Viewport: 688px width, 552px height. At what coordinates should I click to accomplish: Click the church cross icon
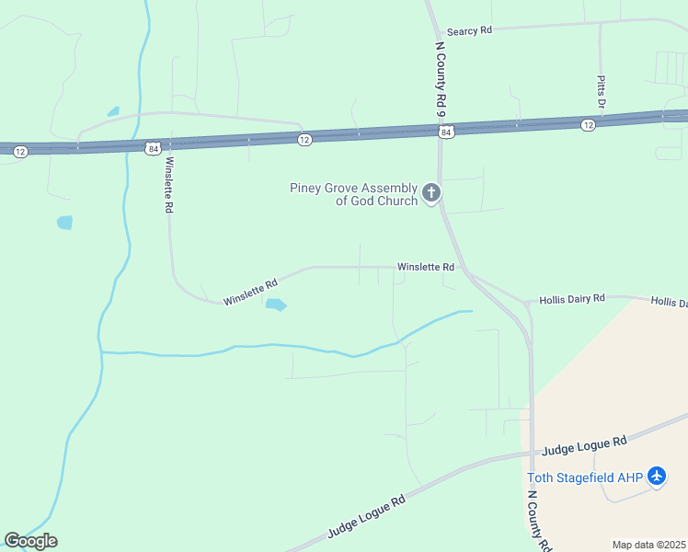pyautogui.click(x=430, y=193)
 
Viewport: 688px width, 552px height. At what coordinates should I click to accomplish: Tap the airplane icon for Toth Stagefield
pyautogui.click(x=656, y=477)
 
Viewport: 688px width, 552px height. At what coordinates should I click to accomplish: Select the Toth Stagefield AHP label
pyautogui.click(x=584, y=477)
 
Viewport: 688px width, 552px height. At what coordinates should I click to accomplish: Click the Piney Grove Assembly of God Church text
pyautogui.click(x=353, y=194)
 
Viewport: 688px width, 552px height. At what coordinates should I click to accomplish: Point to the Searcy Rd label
pyautogui.click(x=469, y=30)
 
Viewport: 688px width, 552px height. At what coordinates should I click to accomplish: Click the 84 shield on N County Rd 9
pyautogui.click(x=446, y=132)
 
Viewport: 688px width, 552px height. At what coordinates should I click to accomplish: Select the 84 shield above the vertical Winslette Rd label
pyautogui.click(x=153, y=147)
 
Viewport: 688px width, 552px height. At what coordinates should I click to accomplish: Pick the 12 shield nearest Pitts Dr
pyautogui.click(x=588, y=124)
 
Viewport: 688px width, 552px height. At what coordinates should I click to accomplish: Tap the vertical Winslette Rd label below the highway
pyautogui.click(x=167, y=186)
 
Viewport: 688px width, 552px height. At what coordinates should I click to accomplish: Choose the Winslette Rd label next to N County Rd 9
pyautogui.click(x=426, y=267)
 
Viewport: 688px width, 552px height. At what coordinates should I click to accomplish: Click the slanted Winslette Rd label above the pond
pyautogui.click(x=250, y=293)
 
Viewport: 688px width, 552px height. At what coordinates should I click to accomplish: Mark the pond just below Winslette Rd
pyautogui.click(x=276, y=305)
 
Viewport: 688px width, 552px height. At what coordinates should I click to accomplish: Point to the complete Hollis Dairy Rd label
pyautogui.click(x=572, y=298)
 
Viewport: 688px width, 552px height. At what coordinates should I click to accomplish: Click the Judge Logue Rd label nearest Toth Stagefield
pyautogui.click(x=584, y=446)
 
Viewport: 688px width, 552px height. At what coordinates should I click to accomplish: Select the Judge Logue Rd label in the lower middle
pyautogui.click(x=367, y=518)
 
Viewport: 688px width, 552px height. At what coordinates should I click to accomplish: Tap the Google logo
pyautogui.click(x=30, y=541)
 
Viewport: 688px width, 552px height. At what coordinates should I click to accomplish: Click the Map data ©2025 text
pyautogui.click(x=648, y=545)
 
